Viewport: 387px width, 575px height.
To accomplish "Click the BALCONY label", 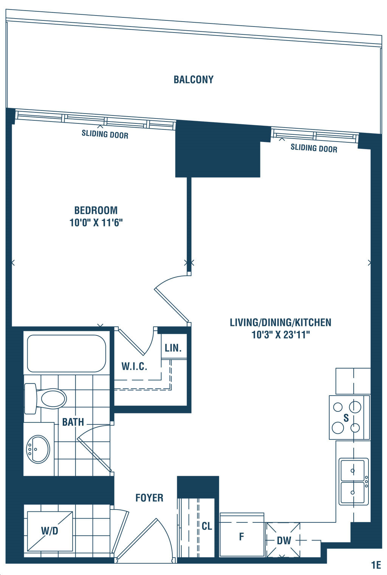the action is (x=193, y=79).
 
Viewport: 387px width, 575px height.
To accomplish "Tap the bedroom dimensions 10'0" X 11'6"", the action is (x=96, y=223).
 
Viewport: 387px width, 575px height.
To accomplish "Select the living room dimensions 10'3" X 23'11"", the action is (x=281, y=335).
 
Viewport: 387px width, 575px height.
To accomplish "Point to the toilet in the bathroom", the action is (x=45, y=398).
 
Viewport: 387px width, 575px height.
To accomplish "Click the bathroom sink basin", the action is (x=39, y=449).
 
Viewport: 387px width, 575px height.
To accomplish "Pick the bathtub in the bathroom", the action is (x=67, y=353).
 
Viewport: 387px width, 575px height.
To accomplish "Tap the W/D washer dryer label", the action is (x=50, y=531).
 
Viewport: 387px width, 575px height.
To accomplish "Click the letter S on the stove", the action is (x=346, y=418).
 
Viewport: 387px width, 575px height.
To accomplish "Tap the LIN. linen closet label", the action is (x=173, y=348).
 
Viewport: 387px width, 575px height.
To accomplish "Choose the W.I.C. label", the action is (x=134, y=366).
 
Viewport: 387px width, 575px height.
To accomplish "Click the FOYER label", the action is (x=149, y=498).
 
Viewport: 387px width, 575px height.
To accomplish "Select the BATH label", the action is (x=73, y=422).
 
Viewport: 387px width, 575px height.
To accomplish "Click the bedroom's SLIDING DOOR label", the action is (x=105, y=134).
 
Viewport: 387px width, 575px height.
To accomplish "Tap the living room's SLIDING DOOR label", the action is (x=314, y=148).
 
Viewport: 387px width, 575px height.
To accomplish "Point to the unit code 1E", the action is (x=376, y=565).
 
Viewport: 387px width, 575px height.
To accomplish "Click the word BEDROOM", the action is (x=96, y=210).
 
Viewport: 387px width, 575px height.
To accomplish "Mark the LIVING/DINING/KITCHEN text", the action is (x=281, y=323).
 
